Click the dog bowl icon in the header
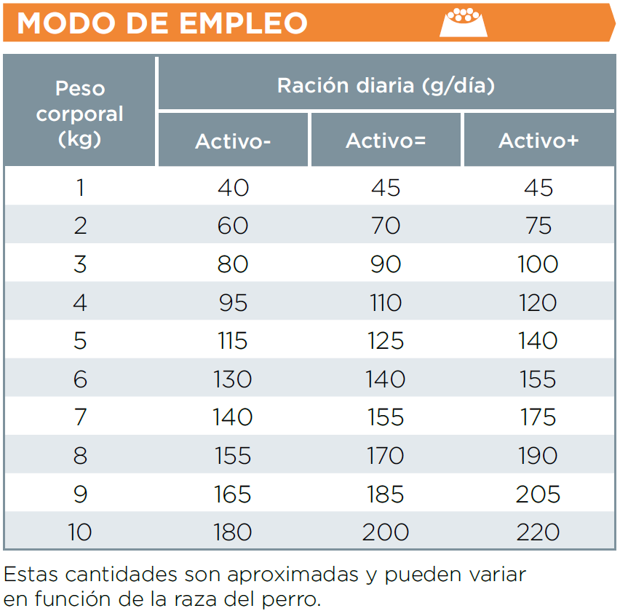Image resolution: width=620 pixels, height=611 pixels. click(x=463, y=22)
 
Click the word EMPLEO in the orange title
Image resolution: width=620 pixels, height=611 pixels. click(x=243, y=23)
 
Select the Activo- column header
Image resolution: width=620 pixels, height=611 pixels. click(x=233, y=141)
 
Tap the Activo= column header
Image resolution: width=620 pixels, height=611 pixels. click(x=386, y=141)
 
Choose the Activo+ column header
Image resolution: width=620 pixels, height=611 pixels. click(x=538, y=141)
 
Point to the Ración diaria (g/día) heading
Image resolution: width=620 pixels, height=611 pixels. click(x=386, y=86)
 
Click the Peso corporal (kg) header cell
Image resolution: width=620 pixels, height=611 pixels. click(x=80, y=114)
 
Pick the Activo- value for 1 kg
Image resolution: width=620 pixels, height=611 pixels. click(x=233, y=188)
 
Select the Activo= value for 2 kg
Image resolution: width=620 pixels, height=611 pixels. click(x=386, y=226)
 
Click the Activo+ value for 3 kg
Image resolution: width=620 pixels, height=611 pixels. click(x=538, y=264)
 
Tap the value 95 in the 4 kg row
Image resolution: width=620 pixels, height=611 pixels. click(x=233, y=302)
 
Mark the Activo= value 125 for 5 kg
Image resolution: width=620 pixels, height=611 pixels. click(x=386, y=341)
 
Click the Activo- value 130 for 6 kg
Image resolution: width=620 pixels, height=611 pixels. click(x=233, y=379)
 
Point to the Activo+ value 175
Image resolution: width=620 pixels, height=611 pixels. click(x=538, y=417)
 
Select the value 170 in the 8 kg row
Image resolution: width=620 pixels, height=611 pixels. click(x=386, y=456)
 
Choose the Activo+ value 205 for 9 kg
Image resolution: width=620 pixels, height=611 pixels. click(x=538, y=494)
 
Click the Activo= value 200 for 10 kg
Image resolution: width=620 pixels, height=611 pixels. click(x=386, y=532)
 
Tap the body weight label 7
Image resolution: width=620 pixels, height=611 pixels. click(x=80, y=417)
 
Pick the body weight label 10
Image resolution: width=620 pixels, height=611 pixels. click(x=80, y=532)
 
